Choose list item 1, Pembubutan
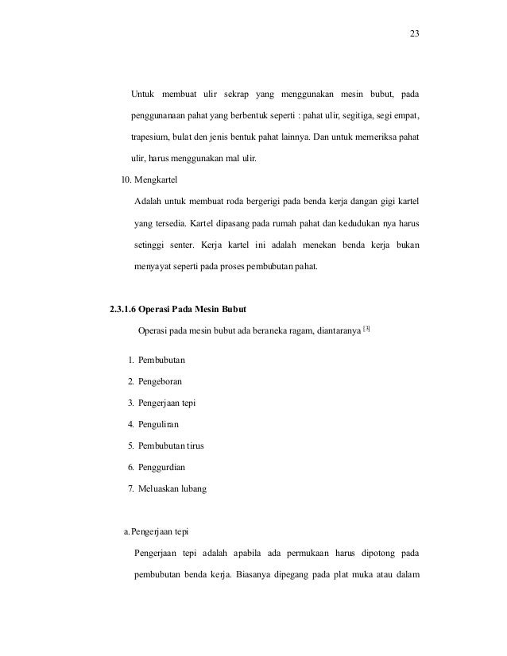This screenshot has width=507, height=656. pos(164,360)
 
